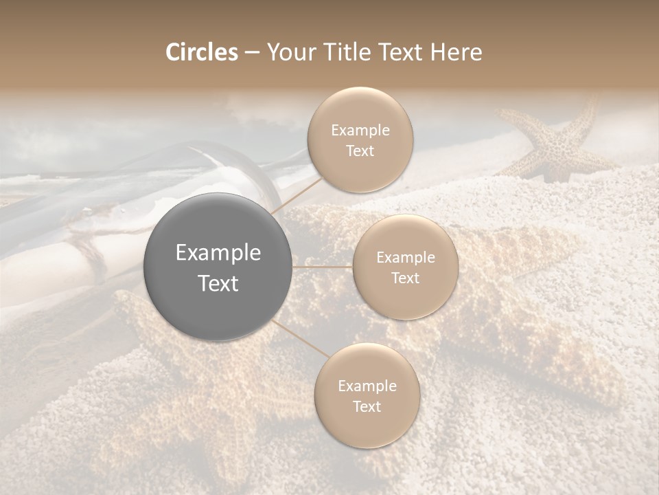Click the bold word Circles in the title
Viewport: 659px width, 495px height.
click(202, 52)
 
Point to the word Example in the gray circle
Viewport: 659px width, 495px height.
click(218, 253)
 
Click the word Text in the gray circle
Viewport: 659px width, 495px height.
click(218, 283)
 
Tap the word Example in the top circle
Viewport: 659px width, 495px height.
click(360, 130)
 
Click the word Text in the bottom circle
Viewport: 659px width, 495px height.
click(367, 406)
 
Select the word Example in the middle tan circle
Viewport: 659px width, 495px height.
click(405, 258)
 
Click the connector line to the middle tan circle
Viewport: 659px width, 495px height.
click(322, 267)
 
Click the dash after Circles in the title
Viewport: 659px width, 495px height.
click(251, 53)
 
